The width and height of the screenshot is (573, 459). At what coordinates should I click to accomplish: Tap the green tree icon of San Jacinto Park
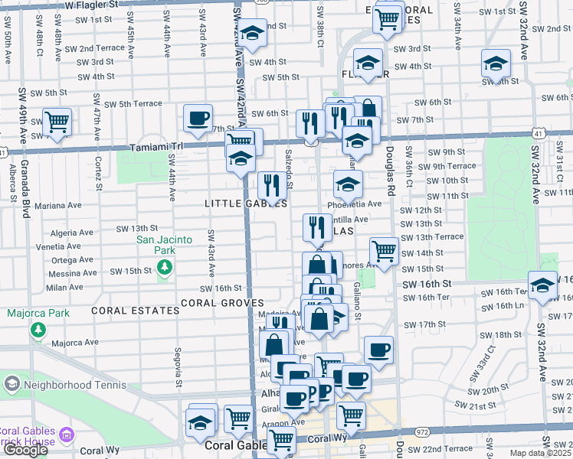pos(163,266)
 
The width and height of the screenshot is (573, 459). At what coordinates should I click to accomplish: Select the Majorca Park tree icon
pos(38,329)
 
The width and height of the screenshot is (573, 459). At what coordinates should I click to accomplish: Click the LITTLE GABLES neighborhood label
pos(246,203)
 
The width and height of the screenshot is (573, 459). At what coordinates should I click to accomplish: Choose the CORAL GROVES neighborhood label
pos(223,303)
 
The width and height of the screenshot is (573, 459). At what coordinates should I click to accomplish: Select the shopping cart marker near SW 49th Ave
pos(57,121)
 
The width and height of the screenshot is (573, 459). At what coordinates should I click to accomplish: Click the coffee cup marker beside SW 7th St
pos(198,117)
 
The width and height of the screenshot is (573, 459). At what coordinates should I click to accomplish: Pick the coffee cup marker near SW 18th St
pos(379,350)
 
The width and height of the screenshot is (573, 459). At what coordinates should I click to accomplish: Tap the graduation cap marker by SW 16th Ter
pos(542,285)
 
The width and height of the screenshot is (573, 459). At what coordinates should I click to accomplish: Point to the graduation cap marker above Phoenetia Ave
pos(348,183)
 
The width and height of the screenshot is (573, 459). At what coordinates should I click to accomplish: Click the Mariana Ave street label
pos(57,205)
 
